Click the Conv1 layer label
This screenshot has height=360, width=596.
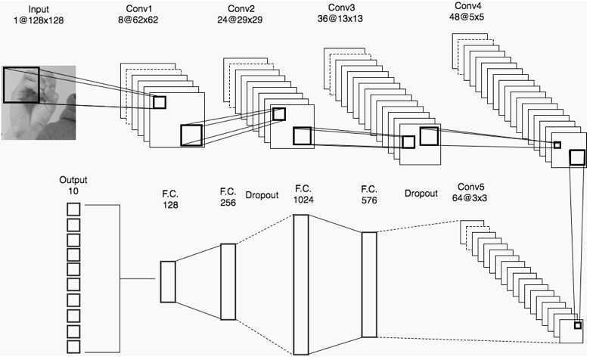coord(138,9)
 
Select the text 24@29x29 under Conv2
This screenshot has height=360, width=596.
coord(240,20)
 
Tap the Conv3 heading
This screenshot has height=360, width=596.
coord(340,8)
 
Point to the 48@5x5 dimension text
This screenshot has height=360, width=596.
coord(467,17)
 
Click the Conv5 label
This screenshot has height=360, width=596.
coord(471,187)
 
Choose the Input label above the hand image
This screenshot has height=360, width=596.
coord(39,9)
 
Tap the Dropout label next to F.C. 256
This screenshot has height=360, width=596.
coord(262,195)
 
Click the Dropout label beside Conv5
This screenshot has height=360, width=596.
coord(421,194)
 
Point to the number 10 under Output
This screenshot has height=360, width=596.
coord(73,191)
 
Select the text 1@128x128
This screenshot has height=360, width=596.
coord(39,20)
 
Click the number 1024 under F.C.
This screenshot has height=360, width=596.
coord(303,200)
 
